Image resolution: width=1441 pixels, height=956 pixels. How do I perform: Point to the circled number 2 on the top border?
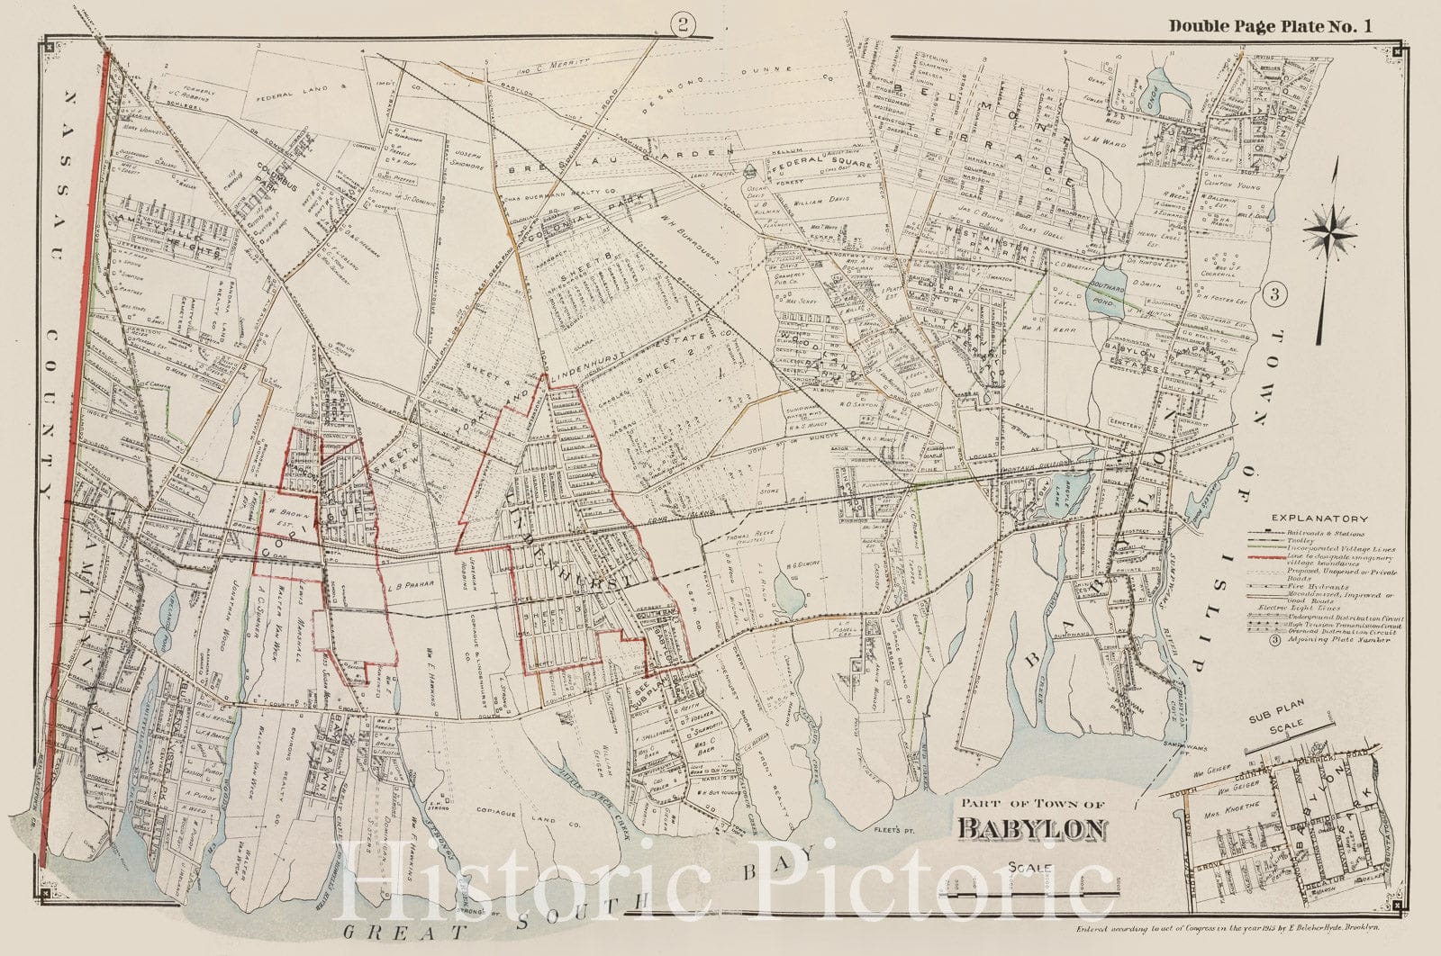click(x=684, y=27)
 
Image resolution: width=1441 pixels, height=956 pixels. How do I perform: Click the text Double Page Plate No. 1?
click(x=1270, y=26)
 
